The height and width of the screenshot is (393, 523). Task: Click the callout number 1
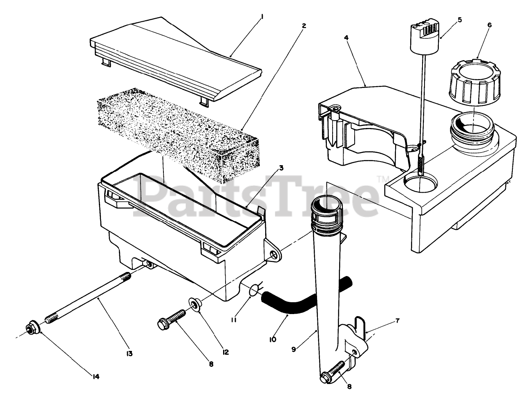pos(262,17)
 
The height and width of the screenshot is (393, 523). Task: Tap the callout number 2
pos(303,25)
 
